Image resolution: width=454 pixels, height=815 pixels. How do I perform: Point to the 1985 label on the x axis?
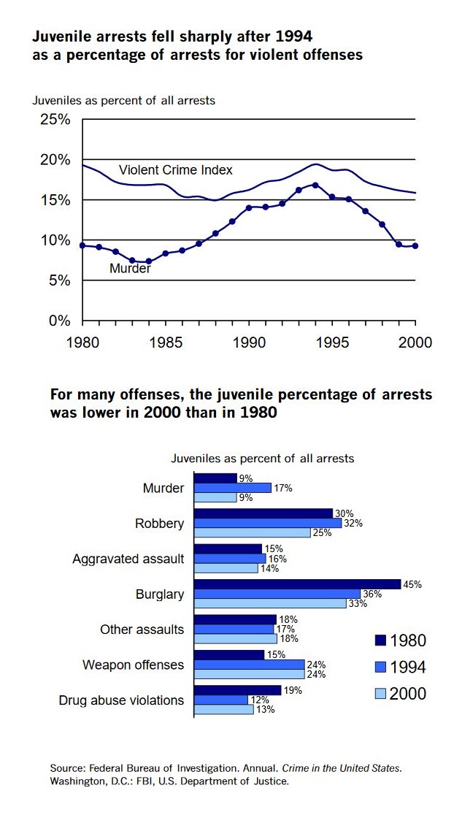tap(166, 342)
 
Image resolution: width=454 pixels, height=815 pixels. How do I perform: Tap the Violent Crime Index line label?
tap(175, 170)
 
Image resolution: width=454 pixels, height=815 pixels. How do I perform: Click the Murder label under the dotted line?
tap(130, 268)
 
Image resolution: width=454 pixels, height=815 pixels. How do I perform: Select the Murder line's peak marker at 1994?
tap(315, 185)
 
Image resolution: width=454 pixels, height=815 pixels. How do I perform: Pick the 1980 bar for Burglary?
tap(297, 584)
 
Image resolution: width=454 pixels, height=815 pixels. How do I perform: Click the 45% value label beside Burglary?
tap(413, 584)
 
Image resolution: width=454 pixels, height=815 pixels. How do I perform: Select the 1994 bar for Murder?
tap(232, 488)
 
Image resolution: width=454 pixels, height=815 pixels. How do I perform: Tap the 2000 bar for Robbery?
tap(252, 533)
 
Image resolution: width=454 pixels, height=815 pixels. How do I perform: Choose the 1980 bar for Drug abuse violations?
tap(237, 690)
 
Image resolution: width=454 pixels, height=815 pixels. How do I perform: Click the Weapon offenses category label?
tap(133, 665)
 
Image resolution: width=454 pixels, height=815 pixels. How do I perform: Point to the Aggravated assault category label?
tap(128, 559)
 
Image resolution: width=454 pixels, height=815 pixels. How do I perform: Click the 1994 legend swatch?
tap(379, 667)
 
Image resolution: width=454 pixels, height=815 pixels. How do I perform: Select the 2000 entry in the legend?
tap(407, 693)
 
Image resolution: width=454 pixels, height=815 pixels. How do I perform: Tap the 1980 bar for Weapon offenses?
tap(229, 655)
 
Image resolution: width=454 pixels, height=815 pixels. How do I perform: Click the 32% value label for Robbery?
tap(354, 523)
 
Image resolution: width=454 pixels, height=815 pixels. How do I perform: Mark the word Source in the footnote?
tap(67, 768)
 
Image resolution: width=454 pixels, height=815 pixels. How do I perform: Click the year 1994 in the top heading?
tap(301, 35)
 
